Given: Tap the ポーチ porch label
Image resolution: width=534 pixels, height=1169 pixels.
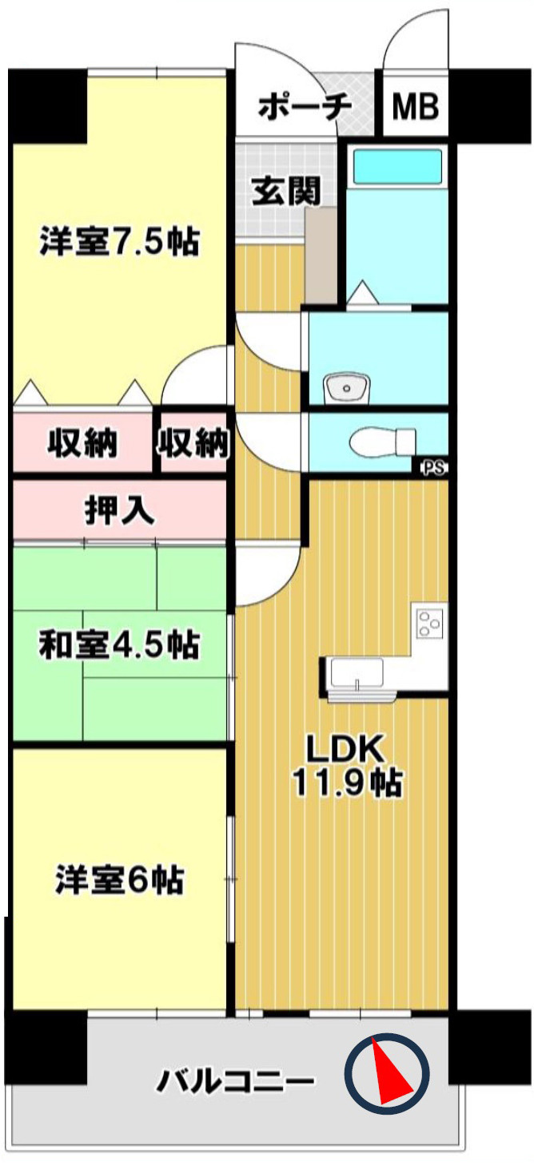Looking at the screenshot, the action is [305, 107].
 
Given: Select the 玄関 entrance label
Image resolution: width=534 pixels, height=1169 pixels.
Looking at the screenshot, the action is [286, 191].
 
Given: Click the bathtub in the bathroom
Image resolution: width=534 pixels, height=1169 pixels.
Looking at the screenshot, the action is [397, 166].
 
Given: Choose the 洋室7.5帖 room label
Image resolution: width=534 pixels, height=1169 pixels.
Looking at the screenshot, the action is [120, 241].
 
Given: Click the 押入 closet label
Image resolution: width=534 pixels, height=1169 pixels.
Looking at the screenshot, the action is [120, 510].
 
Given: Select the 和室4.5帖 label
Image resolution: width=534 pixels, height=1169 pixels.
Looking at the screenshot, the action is [120, 644].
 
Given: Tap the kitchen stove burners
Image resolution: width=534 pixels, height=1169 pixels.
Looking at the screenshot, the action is [429, 624].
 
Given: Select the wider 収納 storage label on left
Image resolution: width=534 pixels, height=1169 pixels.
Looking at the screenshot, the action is [82, 444].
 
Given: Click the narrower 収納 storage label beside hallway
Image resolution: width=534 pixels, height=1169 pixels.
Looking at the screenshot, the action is [193, 444].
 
